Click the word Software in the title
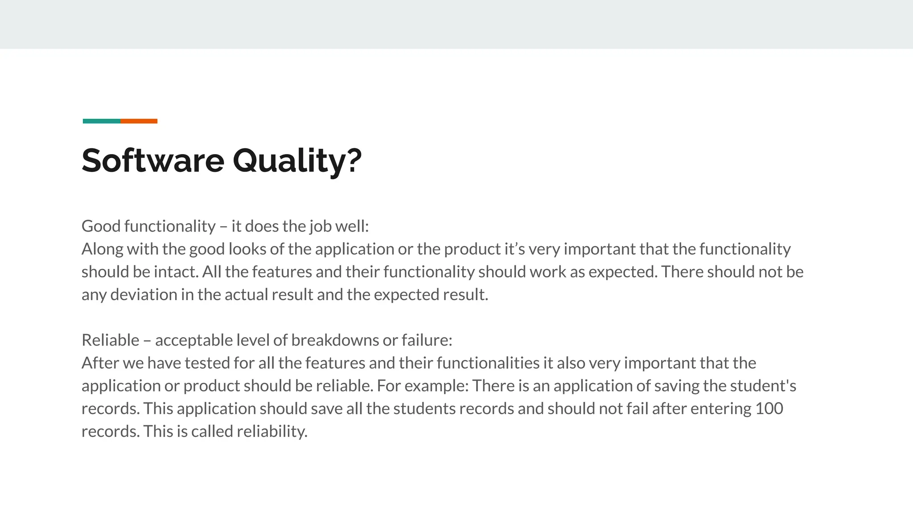(x=153, y=160)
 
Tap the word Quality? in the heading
(x=297, y=161)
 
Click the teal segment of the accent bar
(x=102, y=121)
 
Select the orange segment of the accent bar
(x=139, y=121)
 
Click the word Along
(x=102, y=249)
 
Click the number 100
(x=769, y=409)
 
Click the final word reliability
(x=272, y=432)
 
